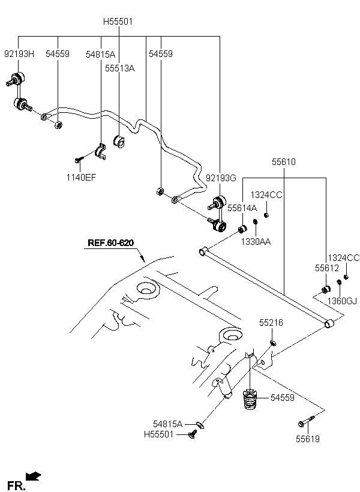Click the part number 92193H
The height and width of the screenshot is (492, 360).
[19, 54]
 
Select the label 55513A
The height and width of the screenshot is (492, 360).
[119, 68]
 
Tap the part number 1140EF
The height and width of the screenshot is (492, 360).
[81, 177]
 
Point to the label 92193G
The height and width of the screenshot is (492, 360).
[221, 178]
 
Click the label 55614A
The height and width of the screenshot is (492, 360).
[242, 208]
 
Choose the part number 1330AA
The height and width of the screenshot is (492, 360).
[256, 241]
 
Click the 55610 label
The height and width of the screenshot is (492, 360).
[284, 162]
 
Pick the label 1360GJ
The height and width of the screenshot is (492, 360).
[342, 301]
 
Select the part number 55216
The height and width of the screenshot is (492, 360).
[271, 323]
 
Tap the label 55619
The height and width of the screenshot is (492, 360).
[308, 439]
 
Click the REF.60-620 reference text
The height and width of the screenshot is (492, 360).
[110, 242]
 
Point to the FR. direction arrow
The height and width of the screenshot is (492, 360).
[33, 476]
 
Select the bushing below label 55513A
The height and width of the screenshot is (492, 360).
[119, 142]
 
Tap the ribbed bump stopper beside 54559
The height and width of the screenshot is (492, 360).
[250, 399]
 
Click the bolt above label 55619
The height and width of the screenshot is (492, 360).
[306, 421]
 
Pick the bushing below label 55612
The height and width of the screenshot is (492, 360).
[326, 289]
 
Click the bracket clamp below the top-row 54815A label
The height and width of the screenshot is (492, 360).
[100, 151]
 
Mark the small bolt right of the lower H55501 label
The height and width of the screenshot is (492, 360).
[193, 434]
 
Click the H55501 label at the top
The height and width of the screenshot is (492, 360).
[118, 22]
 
